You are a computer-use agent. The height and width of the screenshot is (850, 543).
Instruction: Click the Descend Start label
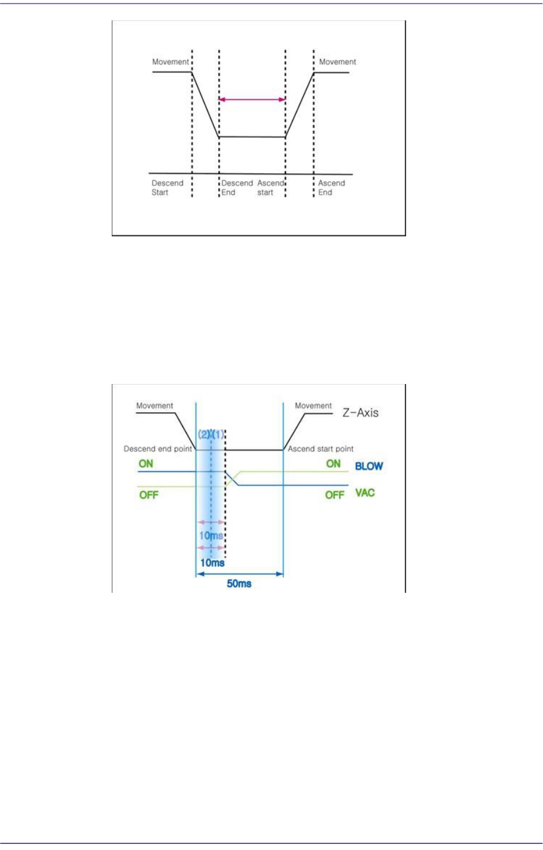[167, 188]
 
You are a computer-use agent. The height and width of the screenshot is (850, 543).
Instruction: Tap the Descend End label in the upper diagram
[237, 188]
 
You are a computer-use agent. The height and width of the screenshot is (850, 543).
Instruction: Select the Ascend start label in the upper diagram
[270, 188]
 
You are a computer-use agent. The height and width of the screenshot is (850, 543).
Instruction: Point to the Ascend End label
[331, 188]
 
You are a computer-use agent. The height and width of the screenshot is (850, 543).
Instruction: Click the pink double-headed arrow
[252, 99]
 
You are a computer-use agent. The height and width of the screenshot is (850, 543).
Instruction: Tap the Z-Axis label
[360, 412]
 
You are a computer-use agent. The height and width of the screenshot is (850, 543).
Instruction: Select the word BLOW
[369, 466]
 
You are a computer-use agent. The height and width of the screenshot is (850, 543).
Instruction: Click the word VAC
[365, 493]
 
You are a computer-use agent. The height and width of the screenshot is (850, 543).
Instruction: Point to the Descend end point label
[158, 449]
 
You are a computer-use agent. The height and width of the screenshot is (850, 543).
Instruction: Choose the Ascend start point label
[321, 449]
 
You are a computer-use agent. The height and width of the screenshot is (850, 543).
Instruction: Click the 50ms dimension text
[239, 583]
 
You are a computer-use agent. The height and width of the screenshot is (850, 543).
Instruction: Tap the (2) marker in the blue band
[204, 435]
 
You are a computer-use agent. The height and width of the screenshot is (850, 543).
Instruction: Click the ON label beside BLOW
[333, 464]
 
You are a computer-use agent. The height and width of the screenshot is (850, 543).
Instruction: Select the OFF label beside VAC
[334, 495]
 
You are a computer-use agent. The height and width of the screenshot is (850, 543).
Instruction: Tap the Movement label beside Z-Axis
[313, 406]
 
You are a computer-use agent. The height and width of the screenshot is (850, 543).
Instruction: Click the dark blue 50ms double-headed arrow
[239, 574]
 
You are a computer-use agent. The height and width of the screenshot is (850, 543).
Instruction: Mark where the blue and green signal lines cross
[232, 478]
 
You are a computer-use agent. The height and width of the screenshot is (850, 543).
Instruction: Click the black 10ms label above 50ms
[212, 563]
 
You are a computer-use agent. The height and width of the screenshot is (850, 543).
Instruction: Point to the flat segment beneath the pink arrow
[252, 137]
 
